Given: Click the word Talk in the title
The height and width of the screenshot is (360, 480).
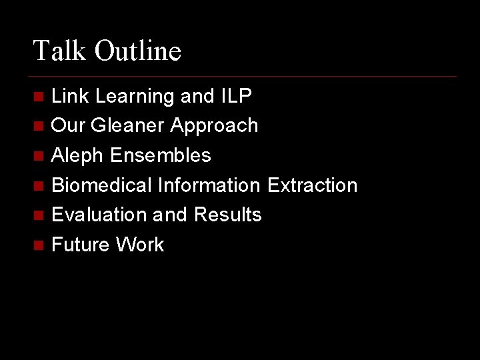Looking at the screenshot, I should pyautogui.click(x=59, y=51).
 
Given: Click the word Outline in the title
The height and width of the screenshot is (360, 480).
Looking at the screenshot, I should pyautogui.click(x=137, y=51).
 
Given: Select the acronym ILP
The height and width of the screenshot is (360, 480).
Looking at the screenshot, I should pyautogui.click(x=235, y=96).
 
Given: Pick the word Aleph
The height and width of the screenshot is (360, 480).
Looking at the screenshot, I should pyautogui.click(x=78, y=156).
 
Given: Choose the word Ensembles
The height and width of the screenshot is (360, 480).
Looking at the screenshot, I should pyautogui.click(x=161, y=155).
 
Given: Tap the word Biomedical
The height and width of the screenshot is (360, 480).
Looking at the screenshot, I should pyautogui.click(x=102, y=185).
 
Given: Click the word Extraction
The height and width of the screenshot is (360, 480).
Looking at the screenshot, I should pyautogui.click(x=312, y=185).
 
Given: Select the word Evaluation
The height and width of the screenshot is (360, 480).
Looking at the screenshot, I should pyautogui.click(x=100, y=215).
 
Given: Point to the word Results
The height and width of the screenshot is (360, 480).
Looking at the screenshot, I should pyautogui.click(x=228, y=215).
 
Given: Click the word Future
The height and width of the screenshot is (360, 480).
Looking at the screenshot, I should pyautogui.click(x=80, y=245).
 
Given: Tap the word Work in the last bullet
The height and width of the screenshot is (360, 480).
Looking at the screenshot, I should pyautogui.click(x=139, y=245).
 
